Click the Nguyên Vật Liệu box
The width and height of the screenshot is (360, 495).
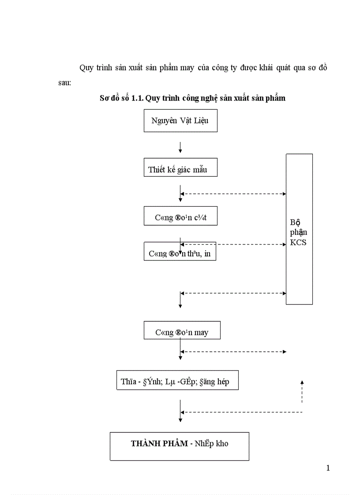[x=180, y=120]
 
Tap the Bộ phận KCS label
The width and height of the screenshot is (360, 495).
[x=299, y=232]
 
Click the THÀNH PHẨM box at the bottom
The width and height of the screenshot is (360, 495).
[x=179, y=446]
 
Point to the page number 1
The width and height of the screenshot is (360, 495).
[x=328, y=468]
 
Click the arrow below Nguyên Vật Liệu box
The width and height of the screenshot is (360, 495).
[x=180, y=147]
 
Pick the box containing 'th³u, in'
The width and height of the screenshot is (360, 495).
[x=180, y=252]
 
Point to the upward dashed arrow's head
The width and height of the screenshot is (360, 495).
[x=302, y=382]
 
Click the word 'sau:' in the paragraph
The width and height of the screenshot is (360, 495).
[x=64, y=82]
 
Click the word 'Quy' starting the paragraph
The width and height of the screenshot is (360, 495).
[x=86, y=68]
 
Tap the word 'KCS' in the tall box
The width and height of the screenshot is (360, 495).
[x=298, y=242]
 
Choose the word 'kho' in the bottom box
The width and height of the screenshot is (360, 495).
[x=222, y=443]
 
